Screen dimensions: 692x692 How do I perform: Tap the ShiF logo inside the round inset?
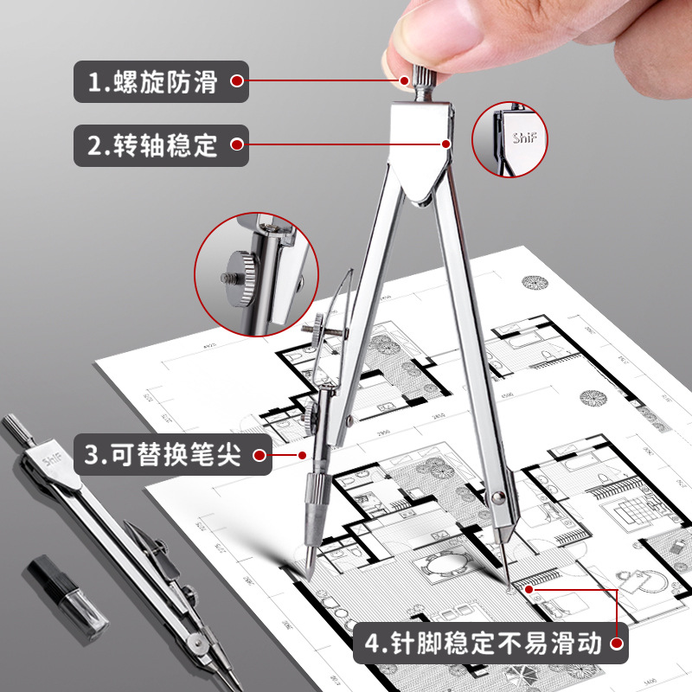[x=523, y=138]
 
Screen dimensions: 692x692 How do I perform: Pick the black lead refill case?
[x=67, y=593]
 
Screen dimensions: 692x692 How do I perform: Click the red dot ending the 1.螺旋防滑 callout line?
[x=403, y=81]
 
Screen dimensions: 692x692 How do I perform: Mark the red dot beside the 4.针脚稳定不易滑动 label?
[x=617, y=644]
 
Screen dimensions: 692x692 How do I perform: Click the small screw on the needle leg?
[x=500, y=497]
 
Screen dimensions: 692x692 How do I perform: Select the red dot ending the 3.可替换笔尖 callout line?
[x=302, y=454]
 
